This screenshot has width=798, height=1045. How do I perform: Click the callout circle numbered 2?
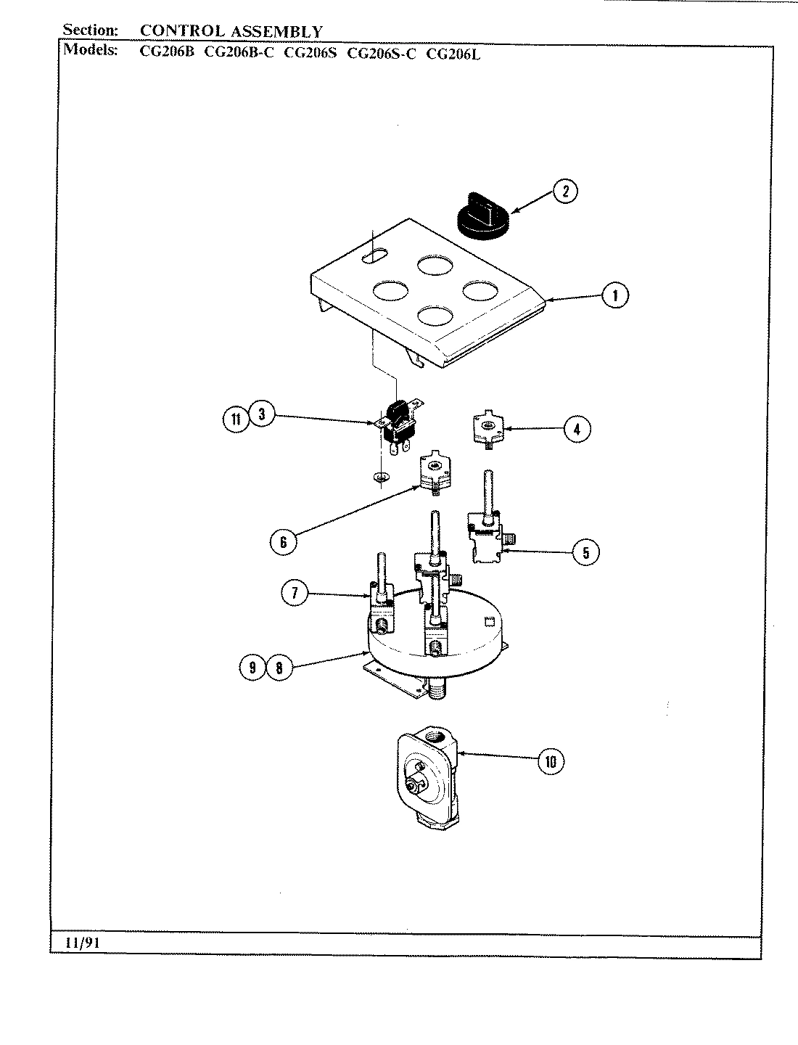tap(565, 192)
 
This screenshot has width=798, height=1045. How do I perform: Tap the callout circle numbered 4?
tap(577, 429)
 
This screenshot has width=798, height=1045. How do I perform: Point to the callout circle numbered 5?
tap(585, 552)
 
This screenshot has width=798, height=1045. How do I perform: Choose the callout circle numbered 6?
tap(283, 541)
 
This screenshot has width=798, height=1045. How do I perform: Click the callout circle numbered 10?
tap(551, 761)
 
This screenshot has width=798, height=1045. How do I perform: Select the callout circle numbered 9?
tap(252, 668)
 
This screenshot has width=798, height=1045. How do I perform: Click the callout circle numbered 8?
tap(279, 668)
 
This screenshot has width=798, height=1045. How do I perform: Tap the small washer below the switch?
tap(378, 477)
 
